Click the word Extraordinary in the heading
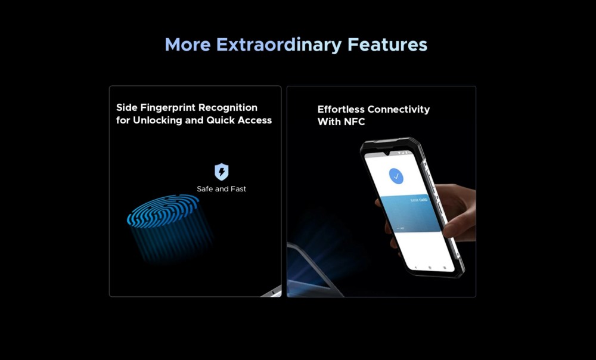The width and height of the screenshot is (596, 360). pos(279,45)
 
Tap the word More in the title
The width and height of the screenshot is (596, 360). pos(188,45)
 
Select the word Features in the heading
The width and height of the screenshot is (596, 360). pos(387,45)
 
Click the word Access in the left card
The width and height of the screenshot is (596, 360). pos(254,120)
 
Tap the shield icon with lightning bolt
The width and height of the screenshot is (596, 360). pos(222,172)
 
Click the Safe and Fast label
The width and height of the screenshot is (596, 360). pos(221,189)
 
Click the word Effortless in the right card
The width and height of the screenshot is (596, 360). pos(343,110)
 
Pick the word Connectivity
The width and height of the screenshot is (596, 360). pos(401,110)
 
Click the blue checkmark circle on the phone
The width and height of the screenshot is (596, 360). pos(396,176)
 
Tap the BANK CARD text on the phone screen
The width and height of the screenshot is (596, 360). pos(419,200)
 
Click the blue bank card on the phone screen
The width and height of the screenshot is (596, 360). pos(411,213)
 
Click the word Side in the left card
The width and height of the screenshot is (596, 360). pos(127,107)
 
